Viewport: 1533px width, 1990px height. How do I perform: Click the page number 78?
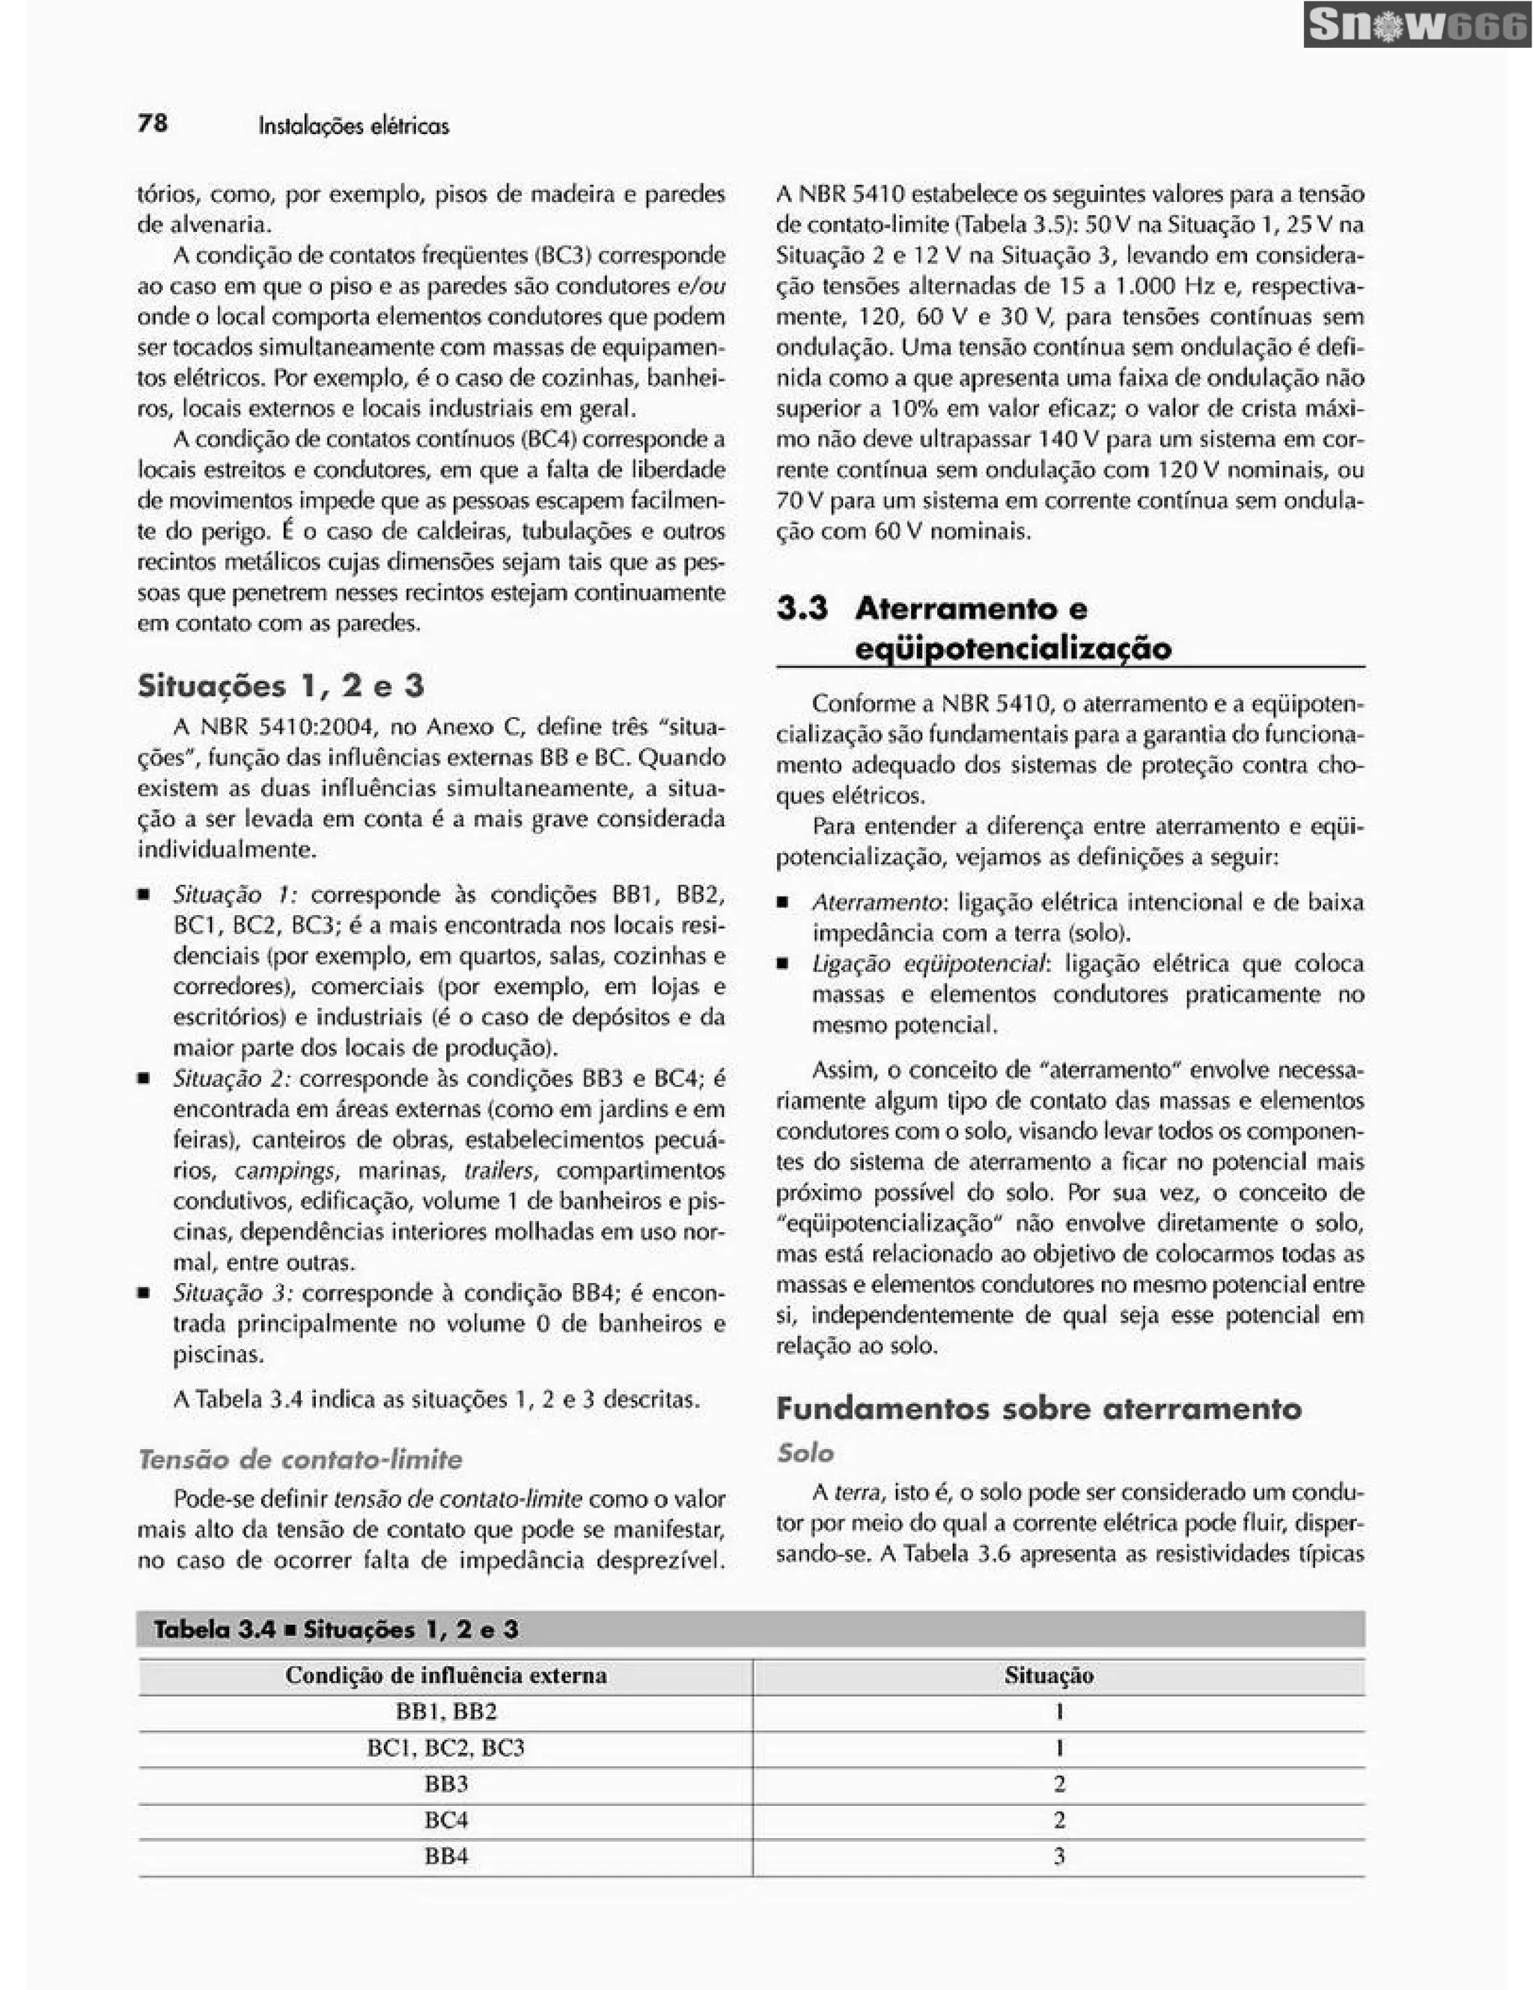pos(152,123)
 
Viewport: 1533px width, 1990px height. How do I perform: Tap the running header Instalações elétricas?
pos(353,126)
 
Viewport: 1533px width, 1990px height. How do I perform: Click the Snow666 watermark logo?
pos(1416,26)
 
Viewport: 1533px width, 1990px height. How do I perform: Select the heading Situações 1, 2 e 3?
pos(281,685)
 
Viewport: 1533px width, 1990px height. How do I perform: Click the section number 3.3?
pos(802,607)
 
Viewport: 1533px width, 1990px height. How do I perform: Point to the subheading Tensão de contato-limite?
pos(300,1459)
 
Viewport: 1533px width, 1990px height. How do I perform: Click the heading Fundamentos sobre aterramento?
pos(1038,1409)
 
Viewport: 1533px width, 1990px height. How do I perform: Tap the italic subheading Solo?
pos(805,1452)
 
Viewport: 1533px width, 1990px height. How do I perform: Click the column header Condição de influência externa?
pos(445,1675)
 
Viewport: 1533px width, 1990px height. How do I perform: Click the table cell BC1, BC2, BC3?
pos(445,1748)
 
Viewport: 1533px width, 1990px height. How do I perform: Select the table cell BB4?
pos(445,1856)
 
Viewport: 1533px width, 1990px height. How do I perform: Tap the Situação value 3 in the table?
pos(1058,1856)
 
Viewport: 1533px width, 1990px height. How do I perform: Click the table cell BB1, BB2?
pos(445,1711)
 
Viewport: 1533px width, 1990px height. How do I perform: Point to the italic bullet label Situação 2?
pos(231,1079)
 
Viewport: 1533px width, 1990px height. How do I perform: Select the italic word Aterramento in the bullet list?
pos(875,902)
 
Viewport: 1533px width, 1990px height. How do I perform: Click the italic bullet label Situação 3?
pos(232,1293)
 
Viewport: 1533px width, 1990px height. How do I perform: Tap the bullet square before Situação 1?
pos(144,895)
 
